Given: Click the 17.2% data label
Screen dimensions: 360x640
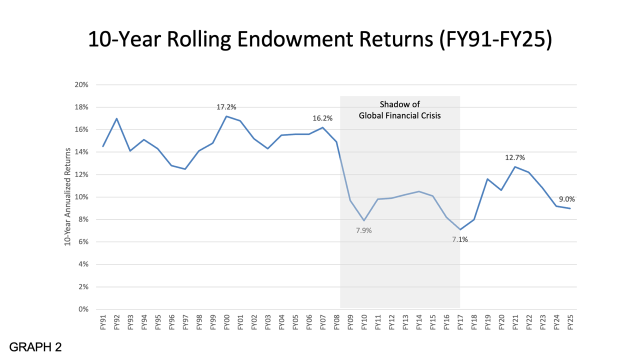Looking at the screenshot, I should click(x=226, y=107).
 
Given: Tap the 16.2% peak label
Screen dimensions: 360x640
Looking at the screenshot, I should click(x=323, y=118).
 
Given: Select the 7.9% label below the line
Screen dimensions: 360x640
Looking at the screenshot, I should click(x=363, y=230).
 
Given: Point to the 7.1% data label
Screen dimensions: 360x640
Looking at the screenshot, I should click(x=460, y=239).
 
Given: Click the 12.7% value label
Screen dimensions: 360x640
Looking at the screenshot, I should click(x=515, y=158).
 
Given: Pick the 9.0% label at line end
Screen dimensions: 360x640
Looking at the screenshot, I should click(x=569, y=199).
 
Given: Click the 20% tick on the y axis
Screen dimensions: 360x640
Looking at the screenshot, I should click(x=81, y=85).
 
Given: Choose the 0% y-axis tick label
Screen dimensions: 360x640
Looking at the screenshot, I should click(x=83, y=309).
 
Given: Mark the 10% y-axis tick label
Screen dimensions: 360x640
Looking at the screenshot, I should click(x=81, y=197).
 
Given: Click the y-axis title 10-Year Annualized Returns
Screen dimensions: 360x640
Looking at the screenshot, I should click(x=66, y=197).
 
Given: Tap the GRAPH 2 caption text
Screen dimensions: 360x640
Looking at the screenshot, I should click(x=35, y=347).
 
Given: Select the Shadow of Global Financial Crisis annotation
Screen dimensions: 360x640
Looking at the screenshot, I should click(x=399, y=109).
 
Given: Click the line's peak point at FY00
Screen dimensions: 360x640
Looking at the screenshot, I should click(x=226, y=116).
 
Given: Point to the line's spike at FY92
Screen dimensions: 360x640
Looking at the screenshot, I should click(x=116, y=118).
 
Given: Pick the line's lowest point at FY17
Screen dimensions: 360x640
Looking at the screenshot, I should click(x=460, y=229).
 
